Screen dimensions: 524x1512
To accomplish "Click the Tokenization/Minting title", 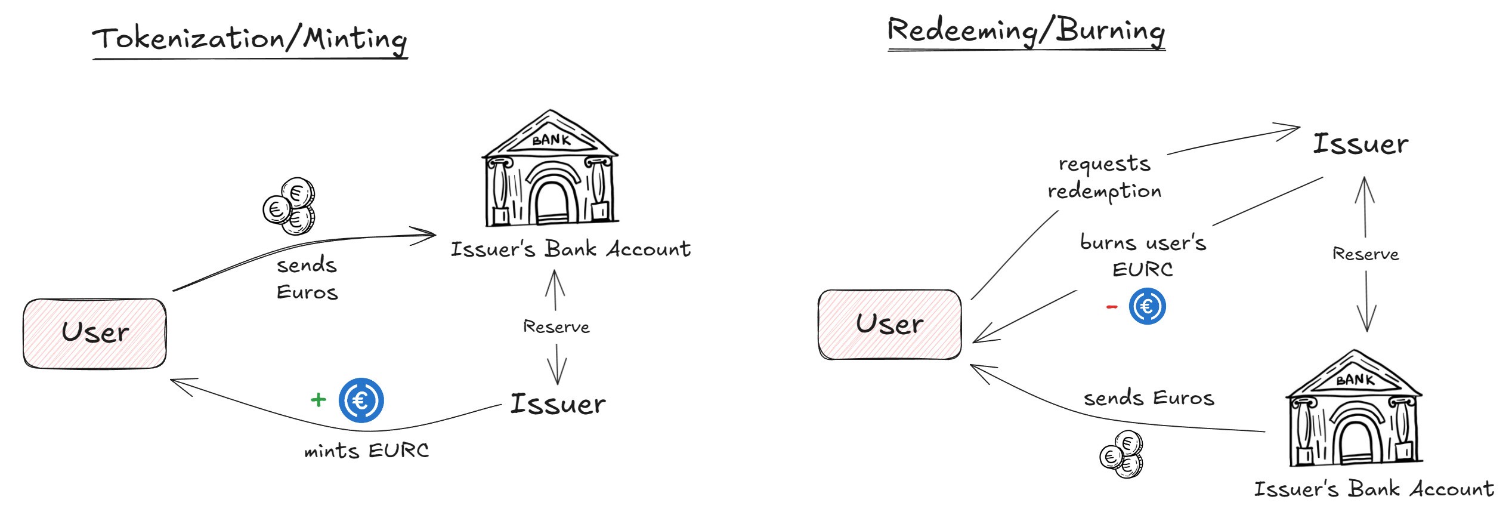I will click(x=249, y=39).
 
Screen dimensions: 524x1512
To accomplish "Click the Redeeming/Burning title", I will click(x=1026, y=31).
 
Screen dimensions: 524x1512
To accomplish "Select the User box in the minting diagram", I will click(x=95, y=333).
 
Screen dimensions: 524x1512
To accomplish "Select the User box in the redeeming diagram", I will click(x=889, y=325).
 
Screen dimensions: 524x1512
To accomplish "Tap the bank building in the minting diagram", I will click(x=550, y=170).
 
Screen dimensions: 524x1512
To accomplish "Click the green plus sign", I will click(x=319, y=400).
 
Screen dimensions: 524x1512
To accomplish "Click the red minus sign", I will click(x=1112, y=307).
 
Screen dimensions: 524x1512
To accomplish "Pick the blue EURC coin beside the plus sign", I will click(x=361, y=400).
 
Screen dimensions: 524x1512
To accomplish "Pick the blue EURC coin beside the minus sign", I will click(x=1147, y=306).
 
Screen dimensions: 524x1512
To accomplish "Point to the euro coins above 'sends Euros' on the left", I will click(x=290, y=206).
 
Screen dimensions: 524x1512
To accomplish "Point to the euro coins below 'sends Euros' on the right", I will click(x=1122, y=455).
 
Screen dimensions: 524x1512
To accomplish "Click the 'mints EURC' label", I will click(x=366, y=451).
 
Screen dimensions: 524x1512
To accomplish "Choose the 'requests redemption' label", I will click(x=1105, y=178).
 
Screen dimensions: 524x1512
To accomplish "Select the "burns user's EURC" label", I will click(x=1143, y=255).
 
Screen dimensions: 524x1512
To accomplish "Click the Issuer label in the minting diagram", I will click(x=558, y=404).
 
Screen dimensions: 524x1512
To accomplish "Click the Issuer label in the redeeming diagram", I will click(x=1361, y=144).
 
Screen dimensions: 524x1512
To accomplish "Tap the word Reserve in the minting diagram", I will click(x=556, y=327).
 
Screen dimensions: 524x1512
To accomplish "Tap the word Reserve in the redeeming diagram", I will click(x=1365, y=254).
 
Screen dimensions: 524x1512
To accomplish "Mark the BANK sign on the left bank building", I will click(x=551, y=140).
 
